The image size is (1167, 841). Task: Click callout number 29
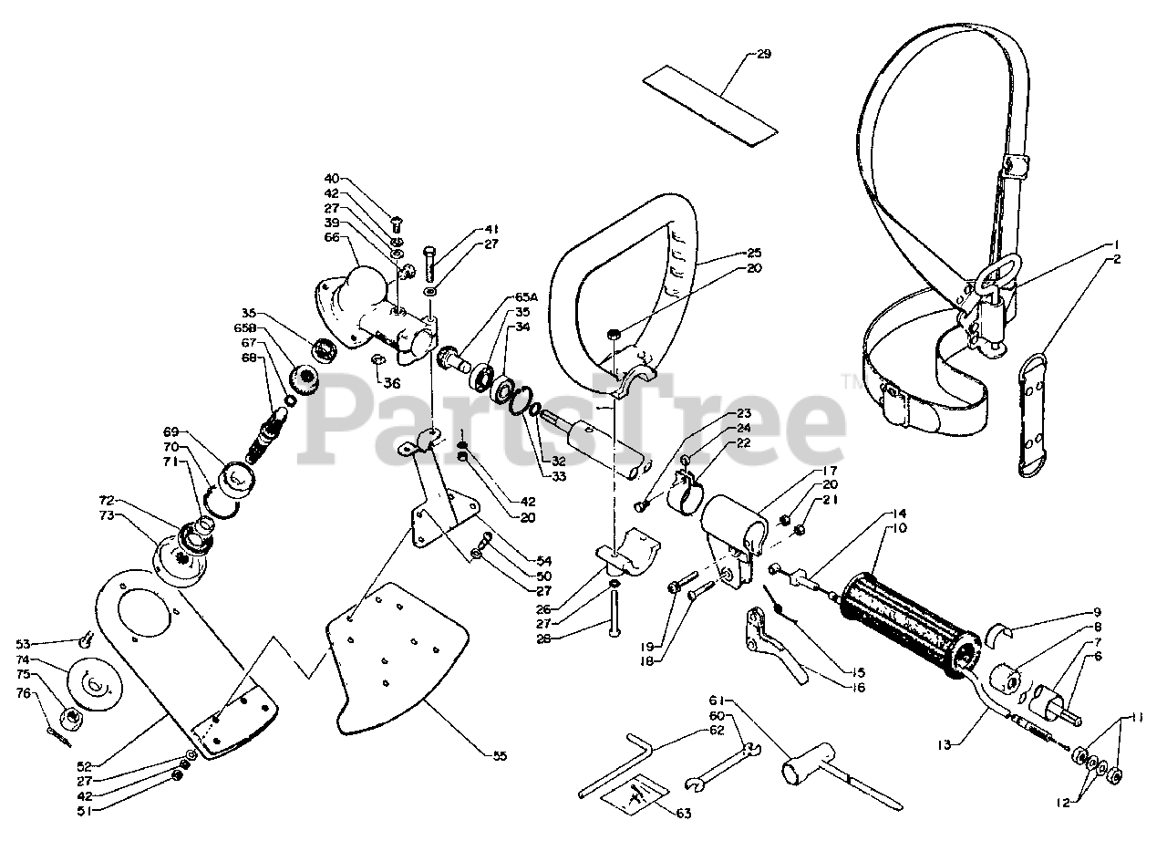[x=763, y=54]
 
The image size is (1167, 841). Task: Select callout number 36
[x=393, y=383]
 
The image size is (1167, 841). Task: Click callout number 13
[x=943, y=744]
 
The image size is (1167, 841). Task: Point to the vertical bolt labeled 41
[x=429, y=265]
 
